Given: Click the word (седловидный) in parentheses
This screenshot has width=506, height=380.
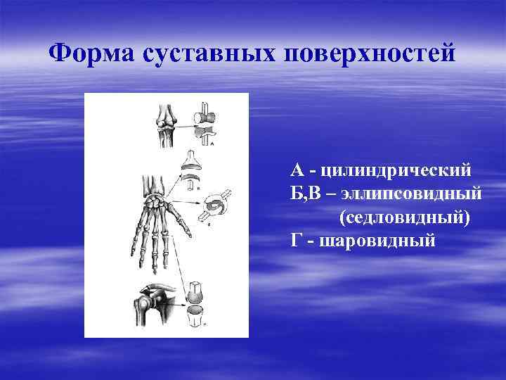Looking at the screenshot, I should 404,217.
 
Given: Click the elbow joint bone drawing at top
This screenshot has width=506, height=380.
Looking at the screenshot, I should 167,123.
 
